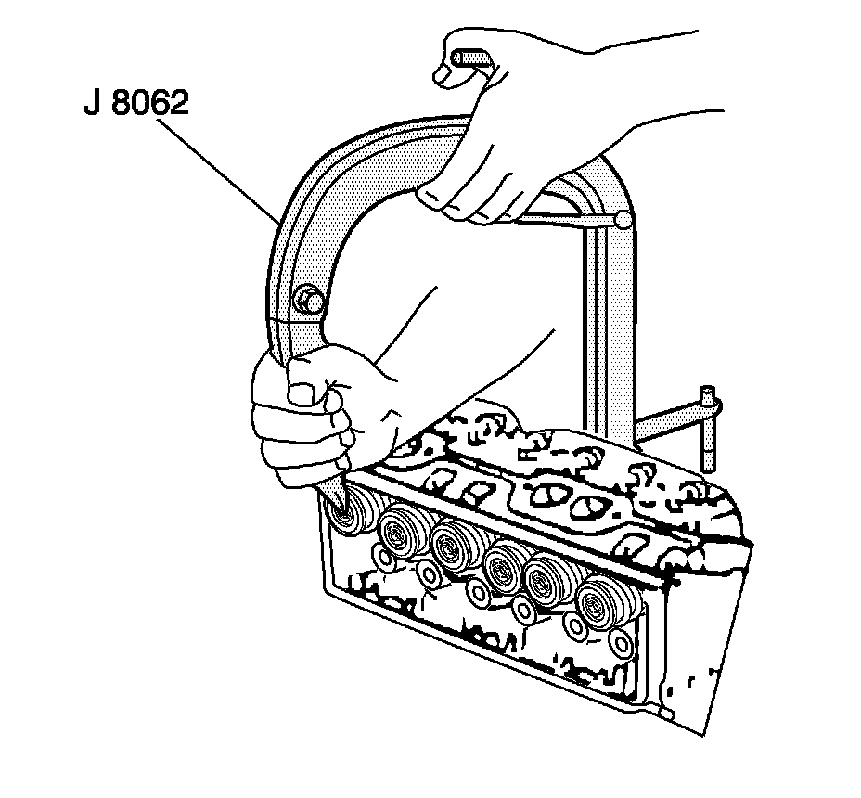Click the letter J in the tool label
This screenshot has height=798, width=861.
pos(90,103)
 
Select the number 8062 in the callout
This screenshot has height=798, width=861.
pos(151,103)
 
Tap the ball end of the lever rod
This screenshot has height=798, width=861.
pos(623,221)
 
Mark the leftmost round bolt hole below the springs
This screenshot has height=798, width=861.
pos(380,557)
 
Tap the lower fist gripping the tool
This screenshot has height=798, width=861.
pos(297,418)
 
